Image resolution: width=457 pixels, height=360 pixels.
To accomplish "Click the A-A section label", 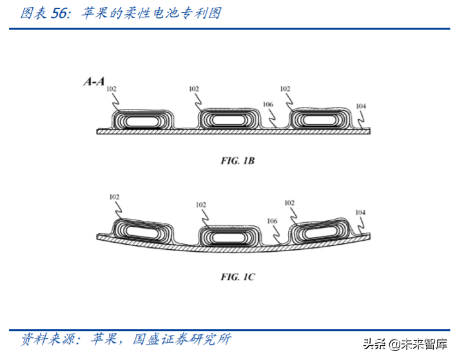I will pos(93,82).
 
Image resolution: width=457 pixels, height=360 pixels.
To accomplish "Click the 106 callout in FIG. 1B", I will pos(268,104).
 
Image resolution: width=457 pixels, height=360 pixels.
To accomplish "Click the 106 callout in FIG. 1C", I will pos(272,221).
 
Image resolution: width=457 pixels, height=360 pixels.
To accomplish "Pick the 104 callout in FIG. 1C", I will pos(360,213).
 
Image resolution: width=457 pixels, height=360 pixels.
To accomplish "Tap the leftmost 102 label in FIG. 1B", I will pos(112,90).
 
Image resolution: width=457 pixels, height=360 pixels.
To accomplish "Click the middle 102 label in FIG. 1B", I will pos(194,90).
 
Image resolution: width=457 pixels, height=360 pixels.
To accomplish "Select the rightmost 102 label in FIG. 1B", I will pos(285,89).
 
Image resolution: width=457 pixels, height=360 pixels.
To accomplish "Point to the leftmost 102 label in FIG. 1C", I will pos(114,197).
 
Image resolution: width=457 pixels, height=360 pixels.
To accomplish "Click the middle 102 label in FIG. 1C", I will pos(201,205).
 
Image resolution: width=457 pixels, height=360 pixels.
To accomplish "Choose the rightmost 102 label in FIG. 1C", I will pos(289,203).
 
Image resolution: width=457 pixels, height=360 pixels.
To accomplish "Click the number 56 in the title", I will pos(59,13).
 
